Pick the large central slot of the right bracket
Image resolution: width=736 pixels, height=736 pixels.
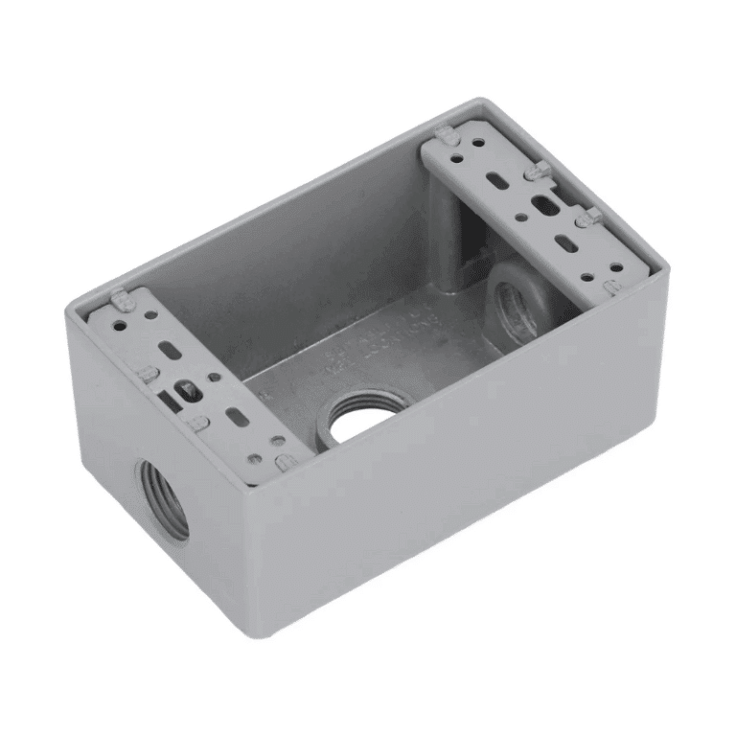tap(544, 205)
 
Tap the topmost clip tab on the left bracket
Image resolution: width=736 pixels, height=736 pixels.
tap(119, 300)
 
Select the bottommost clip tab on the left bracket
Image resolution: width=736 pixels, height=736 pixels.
tap(285, 463)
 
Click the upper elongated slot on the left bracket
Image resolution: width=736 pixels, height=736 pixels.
tap(172, 351)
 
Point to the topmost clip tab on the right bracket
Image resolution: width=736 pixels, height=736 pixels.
tap(445, 135)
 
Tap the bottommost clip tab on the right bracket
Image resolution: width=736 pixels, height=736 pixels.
tap(612, 285)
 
